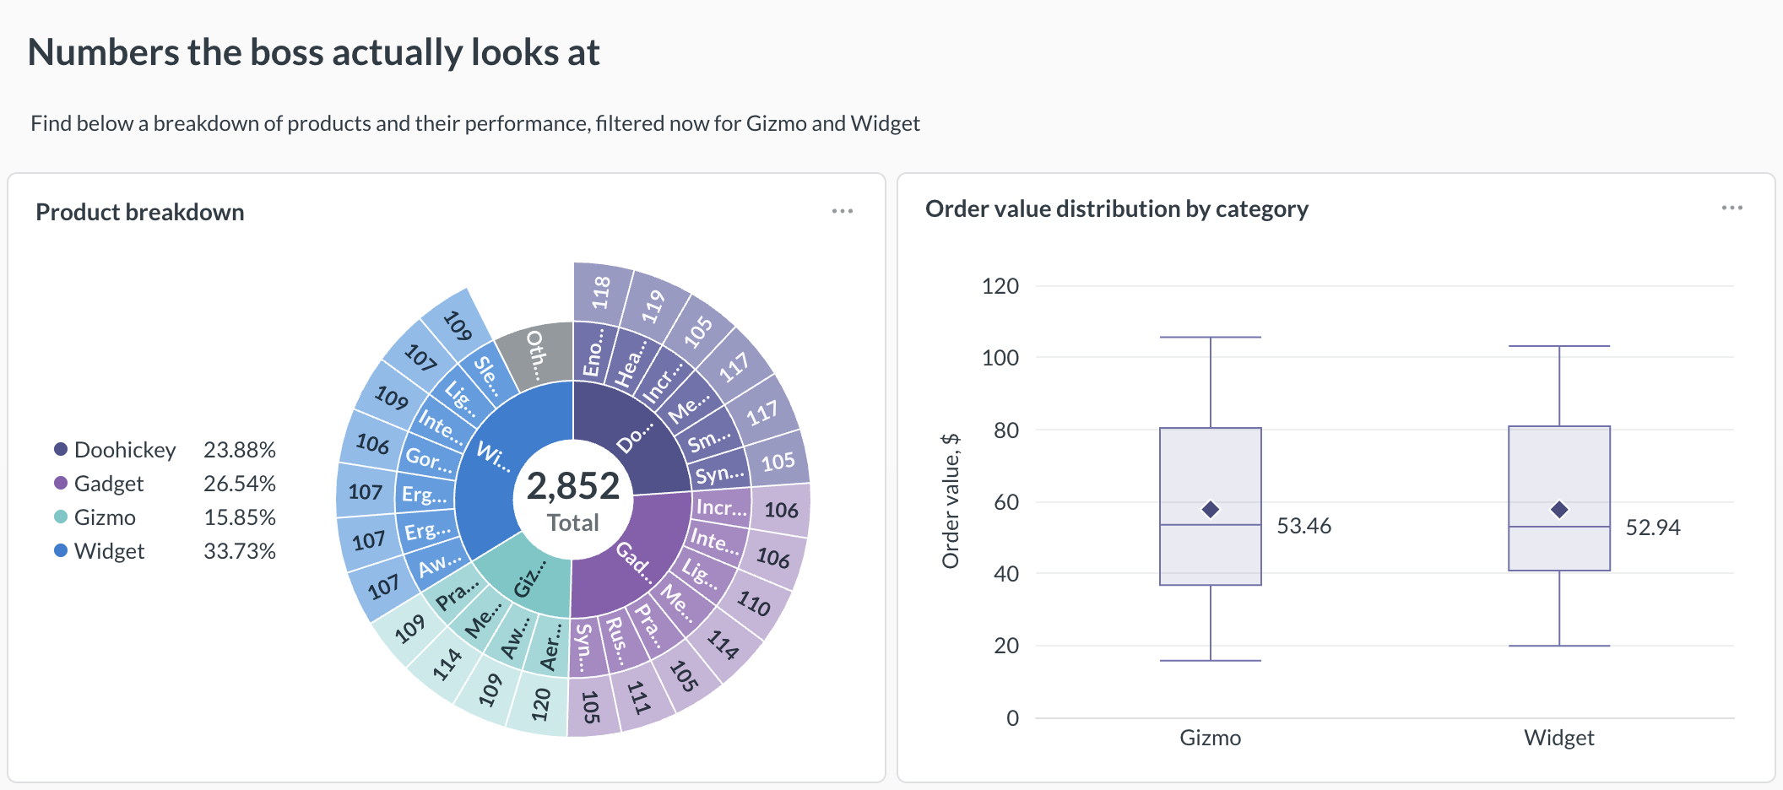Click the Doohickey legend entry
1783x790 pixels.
[115, 450]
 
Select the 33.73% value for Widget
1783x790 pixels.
[240, 551]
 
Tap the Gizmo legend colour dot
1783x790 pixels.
[61, 517]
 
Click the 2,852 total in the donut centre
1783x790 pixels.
[573, 485]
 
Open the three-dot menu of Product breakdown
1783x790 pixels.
[843, 211]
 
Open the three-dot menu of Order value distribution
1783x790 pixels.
[1732, 208]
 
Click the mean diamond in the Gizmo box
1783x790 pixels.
[1211, 509]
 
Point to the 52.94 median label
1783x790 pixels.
[1653, 528]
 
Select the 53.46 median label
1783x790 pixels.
[1303, 526]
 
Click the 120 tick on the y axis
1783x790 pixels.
[1000, 286]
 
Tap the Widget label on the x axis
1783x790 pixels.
[1559, 738]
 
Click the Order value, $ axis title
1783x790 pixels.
[951, 501]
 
